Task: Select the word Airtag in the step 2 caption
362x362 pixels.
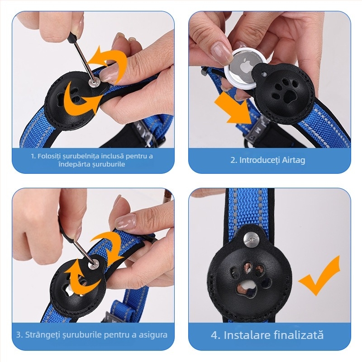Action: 293,160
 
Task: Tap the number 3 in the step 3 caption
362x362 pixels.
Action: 19,335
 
